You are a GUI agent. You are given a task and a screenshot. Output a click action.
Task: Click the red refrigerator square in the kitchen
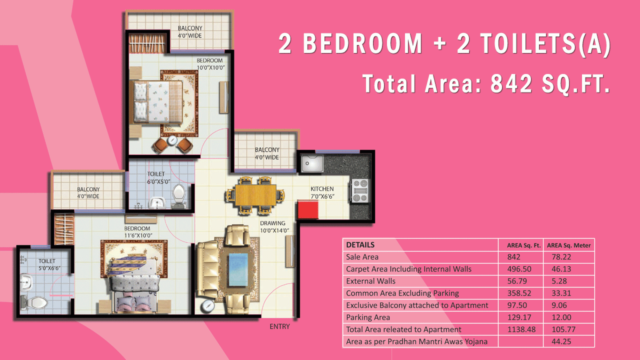coord(308,209)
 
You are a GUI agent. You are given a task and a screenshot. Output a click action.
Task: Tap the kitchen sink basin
coord(312,163)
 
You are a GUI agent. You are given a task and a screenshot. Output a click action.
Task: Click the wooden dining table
coord(255,195)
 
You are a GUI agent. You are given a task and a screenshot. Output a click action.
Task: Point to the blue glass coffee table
coord(238,269)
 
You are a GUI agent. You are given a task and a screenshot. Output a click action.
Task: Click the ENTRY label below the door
coord(279,326)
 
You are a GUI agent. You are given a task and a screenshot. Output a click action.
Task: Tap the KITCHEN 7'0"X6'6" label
coord(322,192)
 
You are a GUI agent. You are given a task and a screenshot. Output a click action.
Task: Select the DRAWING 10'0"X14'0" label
coord(274,226)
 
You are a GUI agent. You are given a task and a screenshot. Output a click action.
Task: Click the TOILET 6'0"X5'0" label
coord(158,177)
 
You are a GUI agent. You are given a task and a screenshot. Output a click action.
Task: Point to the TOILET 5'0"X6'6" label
coord(49,264)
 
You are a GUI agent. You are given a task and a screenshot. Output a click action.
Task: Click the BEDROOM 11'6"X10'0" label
coord(138,232)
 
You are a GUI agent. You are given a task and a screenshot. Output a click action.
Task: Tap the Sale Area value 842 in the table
coord(513,257)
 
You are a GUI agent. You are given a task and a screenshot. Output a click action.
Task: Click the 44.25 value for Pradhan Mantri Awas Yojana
coord(561,341)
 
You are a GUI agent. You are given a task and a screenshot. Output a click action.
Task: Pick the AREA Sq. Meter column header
coord(568,245)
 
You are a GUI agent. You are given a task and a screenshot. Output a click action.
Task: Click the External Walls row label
coord(370,281)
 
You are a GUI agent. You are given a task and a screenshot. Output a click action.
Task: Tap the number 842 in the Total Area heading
coord(511,83)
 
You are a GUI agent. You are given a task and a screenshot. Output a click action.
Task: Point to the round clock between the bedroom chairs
coord(172,140)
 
